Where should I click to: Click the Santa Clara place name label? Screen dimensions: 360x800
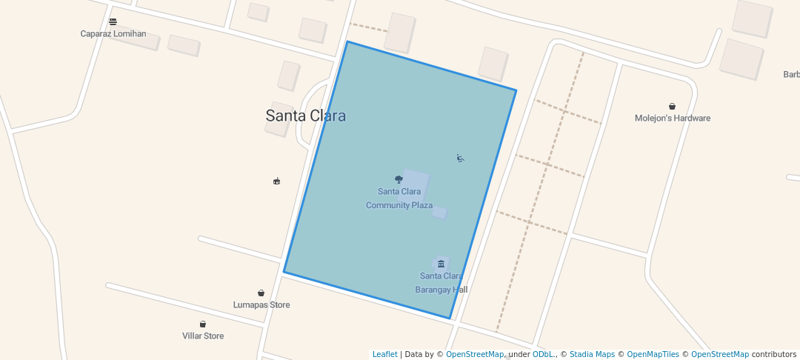tap(305, 116)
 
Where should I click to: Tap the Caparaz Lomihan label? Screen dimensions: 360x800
tap(113, 33)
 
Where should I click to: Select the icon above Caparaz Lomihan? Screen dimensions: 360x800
tap(113, 21)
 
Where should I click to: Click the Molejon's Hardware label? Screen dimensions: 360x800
tap(673, 118)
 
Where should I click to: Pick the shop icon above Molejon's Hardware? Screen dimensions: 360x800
tap(672, 106)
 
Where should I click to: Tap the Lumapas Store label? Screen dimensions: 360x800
tap(261, 304)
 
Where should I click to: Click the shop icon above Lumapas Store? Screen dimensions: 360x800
tap(261, 293)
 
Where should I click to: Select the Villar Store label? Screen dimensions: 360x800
tap(203, 336)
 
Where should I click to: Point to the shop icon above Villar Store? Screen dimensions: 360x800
tap(202, 324)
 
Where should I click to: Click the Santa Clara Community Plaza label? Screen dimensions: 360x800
tap(399, 199)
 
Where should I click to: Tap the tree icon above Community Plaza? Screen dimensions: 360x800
tap(399, 179)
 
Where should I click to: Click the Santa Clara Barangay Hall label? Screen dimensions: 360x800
tap(441, 283)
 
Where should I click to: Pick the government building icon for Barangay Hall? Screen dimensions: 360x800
tap(441, 264)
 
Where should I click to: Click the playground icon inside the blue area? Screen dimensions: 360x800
tap(461, 158)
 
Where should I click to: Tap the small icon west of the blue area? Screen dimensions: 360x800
tap(277, 181)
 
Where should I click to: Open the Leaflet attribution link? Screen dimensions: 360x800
tap(384, 354)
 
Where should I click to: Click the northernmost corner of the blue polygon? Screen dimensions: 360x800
tap(347, 41)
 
